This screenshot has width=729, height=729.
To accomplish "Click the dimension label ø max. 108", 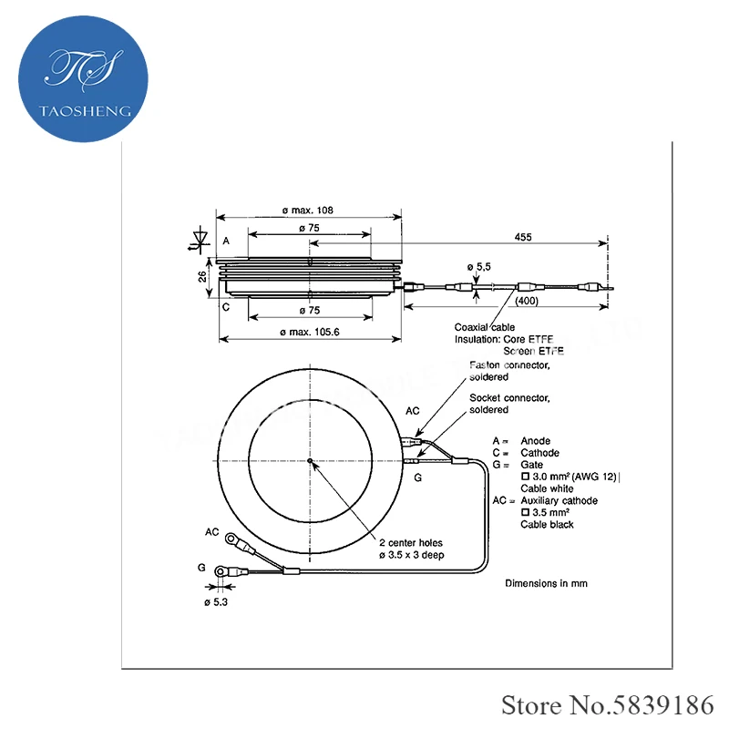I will click(308, 210).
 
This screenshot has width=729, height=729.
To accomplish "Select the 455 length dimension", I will click(523, 237).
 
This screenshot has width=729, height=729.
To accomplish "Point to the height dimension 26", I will click(202, 275).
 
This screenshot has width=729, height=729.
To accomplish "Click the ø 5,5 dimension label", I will click(478, 267).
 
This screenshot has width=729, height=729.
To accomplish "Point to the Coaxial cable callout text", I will click(485, 327).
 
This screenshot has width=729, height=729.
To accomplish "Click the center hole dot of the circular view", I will click(310, 461).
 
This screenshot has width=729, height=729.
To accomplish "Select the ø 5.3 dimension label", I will click(216, 602).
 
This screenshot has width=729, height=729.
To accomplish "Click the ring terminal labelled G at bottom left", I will click(222, 571).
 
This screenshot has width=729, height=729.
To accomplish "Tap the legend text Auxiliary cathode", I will click(559, 501).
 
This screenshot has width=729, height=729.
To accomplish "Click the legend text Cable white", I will click(547, 488).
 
